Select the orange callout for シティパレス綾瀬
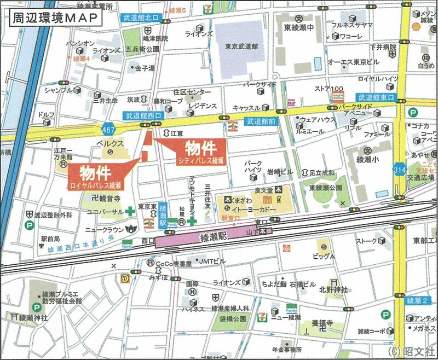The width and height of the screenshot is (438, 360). pos(201,152)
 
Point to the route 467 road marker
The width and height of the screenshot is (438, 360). pos(108,129)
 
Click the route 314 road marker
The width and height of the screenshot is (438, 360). pos(400,171)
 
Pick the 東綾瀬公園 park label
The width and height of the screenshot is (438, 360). pos(324,187)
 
